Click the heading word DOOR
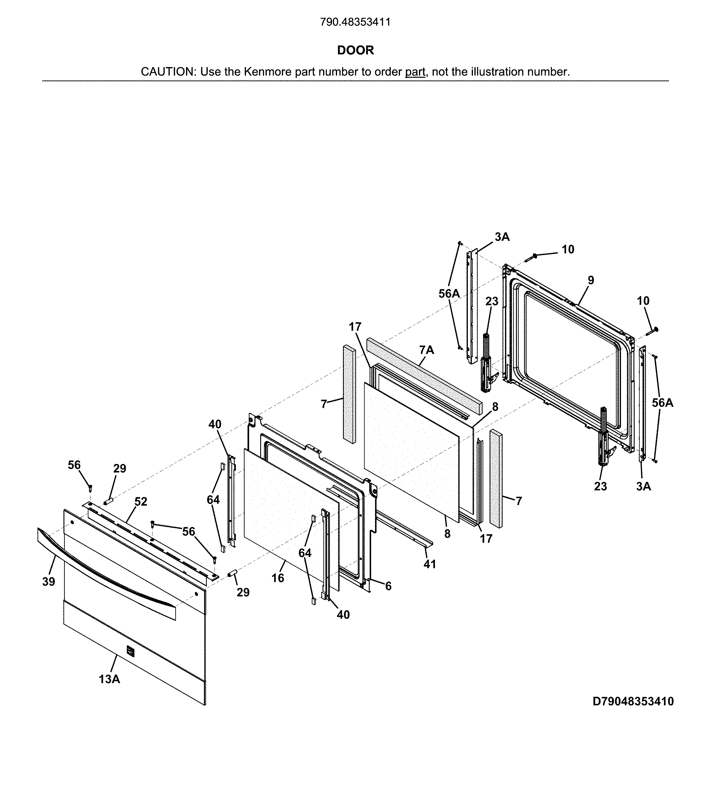(355, 50)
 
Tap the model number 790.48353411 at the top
(355, 22)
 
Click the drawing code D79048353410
(633, 702)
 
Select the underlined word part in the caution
(415, 72)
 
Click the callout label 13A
(109, 679)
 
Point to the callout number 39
(49, 582)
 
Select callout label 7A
(426, 350)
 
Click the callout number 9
(591, 280)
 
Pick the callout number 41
(430, 564)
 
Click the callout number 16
(278, 578)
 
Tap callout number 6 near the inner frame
(388, 586)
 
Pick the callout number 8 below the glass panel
(447, 534)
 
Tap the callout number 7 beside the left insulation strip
(324, 404)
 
